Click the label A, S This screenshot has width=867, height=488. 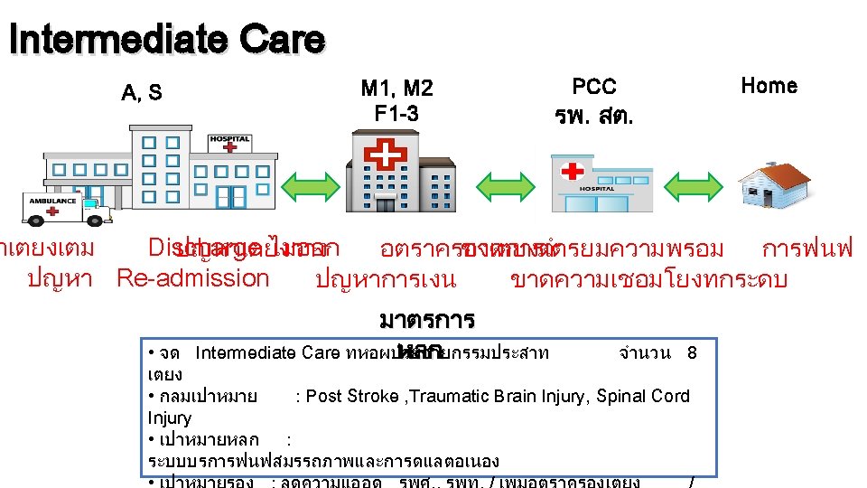[x=142, y=92]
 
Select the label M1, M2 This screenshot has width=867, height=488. [x=396, y=88]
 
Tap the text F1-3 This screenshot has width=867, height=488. [x=396, y=114]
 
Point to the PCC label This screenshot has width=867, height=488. [x=594, y=87]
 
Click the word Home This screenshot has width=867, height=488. [x=769, y=86]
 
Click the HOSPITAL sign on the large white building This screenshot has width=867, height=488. [x=228, y=140]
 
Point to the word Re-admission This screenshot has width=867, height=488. [x=192, y=277]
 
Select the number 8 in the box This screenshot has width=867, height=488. [x=692, y=353]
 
